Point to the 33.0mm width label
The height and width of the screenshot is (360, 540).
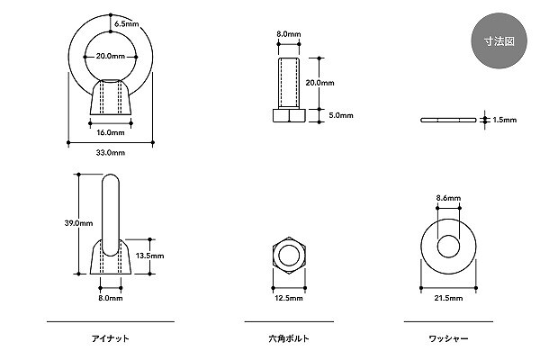point(111,153)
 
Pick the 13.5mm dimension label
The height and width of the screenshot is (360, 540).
point(148,256)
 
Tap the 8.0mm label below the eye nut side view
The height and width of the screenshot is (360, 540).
point(110,298)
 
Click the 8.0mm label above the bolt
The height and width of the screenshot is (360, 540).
point(289,35)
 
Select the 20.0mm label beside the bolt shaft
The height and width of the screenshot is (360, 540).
point(321,83)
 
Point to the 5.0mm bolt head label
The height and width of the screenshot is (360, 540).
point(341,115)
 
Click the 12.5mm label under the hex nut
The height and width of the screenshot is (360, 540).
point(289,298)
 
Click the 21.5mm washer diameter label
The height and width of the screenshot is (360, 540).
point(447,298)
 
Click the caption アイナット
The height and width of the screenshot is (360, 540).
point(110,338)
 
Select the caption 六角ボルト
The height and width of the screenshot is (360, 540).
point(288,338)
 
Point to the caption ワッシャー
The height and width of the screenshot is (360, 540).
point(448,338)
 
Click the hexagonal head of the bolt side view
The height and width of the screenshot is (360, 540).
point(289,115)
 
